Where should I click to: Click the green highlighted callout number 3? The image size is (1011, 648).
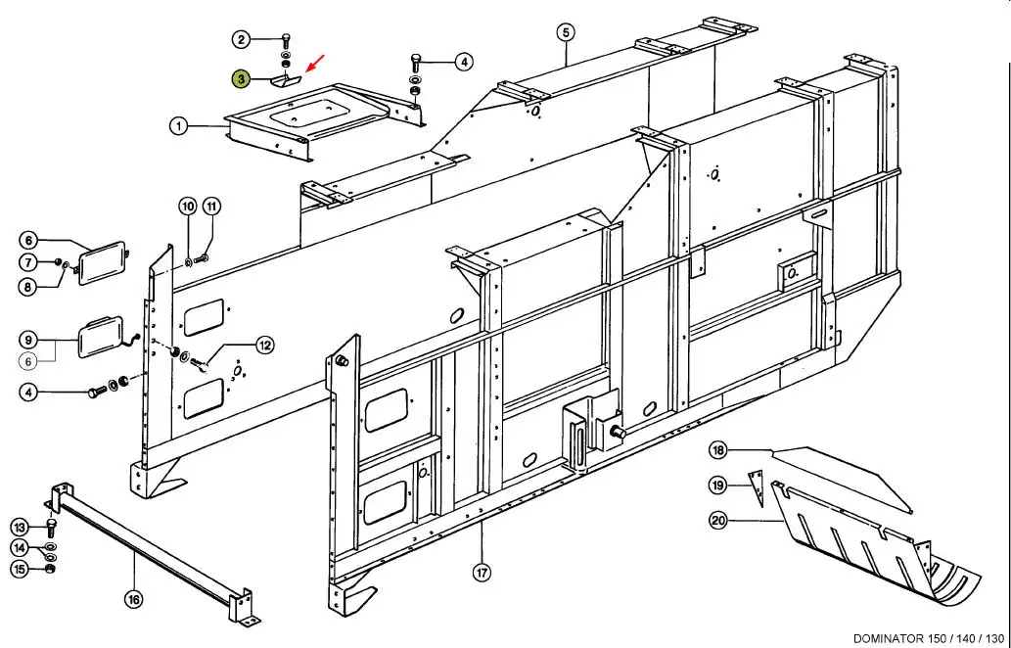click(x=241, y=79)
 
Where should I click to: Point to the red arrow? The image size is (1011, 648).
click(x=314, y=64)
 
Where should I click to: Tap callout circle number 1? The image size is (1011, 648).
click(x=179, y=126)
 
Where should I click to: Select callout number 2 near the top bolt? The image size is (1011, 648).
click(x=241, y=40)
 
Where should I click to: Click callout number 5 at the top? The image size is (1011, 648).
click(x=566, y=32)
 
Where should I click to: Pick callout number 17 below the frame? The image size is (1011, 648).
click(x=482, y=573)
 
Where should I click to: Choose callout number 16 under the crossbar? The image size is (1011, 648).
click(x=133, y=600)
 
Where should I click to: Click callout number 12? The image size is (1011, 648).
click(x=265, y=346)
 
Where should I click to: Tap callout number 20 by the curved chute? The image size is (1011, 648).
click(x=717, y=520)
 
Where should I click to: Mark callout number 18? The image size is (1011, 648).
click(x=717, y=450)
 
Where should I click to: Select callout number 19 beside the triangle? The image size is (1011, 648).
click(x=717, y=485)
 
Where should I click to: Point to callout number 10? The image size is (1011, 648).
click(x=188, y=207)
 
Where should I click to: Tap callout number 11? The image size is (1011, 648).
click(x=211, y=207)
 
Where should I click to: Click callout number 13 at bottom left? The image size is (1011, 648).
click(x=20, y=528)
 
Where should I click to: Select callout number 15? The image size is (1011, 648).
click(x=20, y=569)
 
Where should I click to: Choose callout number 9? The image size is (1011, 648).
click(x=28, y=339)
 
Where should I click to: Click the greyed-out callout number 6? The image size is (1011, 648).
click(x=28, y=362)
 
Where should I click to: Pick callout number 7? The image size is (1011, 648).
click(x=28, y=262)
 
